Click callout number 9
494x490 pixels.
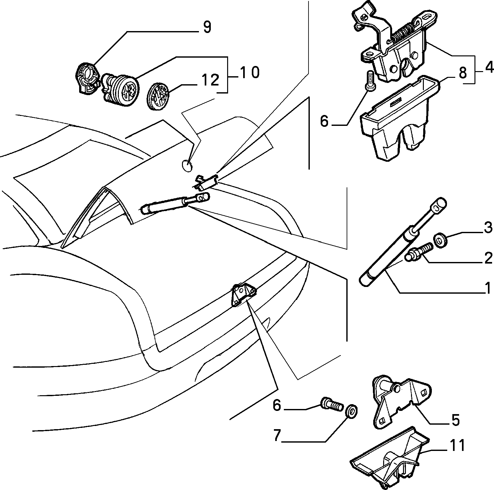pos(207,27)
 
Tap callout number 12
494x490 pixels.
pos(210,80)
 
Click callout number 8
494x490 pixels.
pos(463,74)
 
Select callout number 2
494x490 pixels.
pos(488,258)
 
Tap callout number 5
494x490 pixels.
pos(455,420)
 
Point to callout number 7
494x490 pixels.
pos(277,436)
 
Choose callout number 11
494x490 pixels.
pos(457,445)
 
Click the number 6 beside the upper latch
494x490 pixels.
pos(324,122)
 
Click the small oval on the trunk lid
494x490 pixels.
pos(187,165)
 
